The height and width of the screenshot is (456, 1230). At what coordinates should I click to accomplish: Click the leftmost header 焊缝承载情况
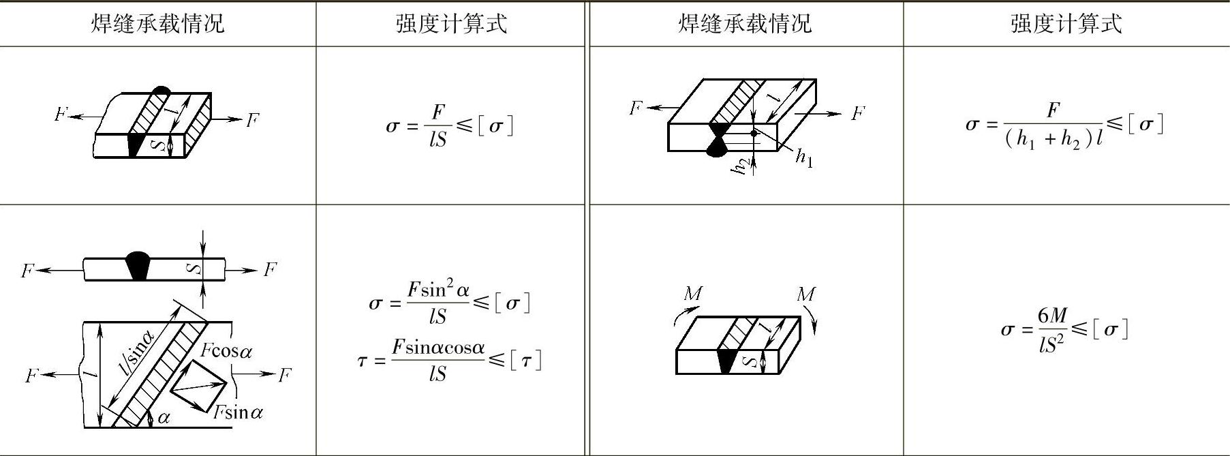pos(157,25)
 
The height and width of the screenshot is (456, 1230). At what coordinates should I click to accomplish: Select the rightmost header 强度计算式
pos(1066,25)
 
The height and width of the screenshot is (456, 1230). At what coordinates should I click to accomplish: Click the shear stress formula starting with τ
pos(450,361)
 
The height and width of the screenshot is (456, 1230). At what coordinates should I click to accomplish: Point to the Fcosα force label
pos(226,351)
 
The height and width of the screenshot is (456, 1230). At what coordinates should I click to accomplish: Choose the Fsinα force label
pos(238,412)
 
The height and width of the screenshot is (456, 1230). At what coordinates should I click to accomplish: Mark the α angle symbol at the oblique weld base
pos(164,418)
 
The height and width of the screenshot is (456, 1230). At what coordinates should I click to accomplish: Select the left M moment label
pos(693,294)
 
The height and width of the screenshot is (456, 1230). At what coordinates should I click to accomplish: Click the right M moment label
pos(805,294)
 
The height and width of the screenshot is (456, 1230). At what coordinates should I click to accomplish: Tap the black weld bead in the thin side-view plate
pos(138,265)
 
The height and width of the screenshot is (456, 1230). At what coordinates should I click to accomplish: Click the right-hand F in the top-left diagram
pos(252,121)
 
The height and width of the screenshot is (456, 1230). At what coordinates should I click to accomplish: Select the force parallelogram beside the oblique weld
pos(198,386)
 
